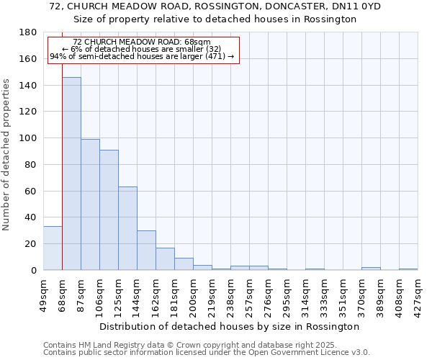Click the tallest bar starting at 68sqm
pos(71,174)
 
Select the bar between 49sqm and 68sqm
pos(53,248)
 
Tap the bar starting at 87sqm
pos(90,204)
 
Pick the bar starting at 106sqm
pos(109,210)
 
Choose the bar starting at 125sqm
pos(127,228)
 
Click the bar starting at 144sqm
pos(146,251)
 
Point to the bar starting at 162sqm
pos(165,259)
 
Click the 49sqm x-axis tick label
pos(44,294)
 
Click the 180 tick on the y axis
pos(29,32)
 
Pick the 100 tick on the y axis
pos(29,138)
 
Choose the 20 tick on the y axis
pos(32,244)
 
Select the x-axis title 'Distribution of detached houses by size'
pos(229,326)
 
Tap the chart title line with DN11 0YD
pos(216,6)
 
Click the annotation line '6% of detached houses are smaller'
pos(142,49)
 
